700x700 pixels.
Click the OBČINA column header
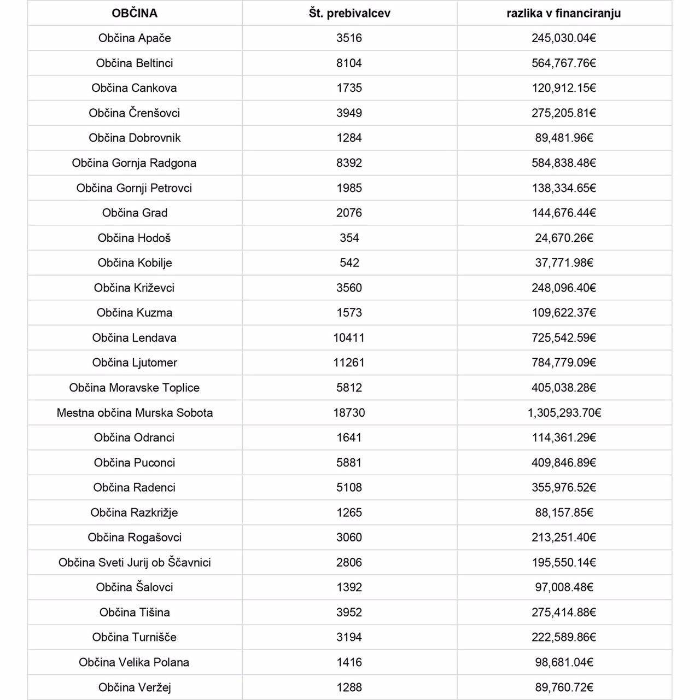(x=135, y=13)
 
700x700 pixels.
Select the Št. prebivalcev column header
(x=349, y=13)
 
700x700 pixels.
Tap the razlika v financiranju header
(x=564, y=13)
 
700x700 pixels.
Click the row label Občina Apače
(x=135, y=38)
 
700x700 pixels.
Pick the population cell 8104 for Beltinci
(x=349, y=63)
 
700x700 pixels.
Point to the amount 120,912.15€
(x=564, y=88)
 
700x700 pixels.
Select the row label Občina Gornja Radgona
(x=135, y=163)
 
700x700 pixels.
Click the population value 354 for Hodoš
(x=349, y=238)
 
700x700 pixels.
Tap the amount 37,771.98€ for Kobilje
(x=564, y=262)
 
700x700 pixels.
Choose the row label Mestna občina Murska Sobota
(x=135, y=412)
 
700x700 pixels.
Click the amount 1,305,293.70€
(x=564, y=412)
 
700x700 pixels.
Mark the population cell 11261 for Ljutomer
(x=349, y=363)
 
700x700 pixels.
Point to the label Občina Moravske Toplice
(x=135, y=388)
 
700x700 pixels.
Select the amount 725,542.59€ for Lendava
(x=564, y=337)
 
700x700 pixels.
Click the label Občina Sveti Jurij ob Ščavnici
(x=135, y=562)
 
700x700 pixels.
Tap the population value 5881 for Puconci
(x=349, y=463)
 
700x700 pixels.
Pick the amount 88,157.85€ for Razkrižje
(x=564, y=512)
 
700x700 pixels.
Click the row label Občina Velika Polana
(x=135, y=662)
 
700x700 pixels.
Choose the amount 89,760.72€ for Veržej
(x=564, y=687)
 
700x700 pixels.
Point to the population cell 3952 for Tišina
(x=349, y=612)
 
